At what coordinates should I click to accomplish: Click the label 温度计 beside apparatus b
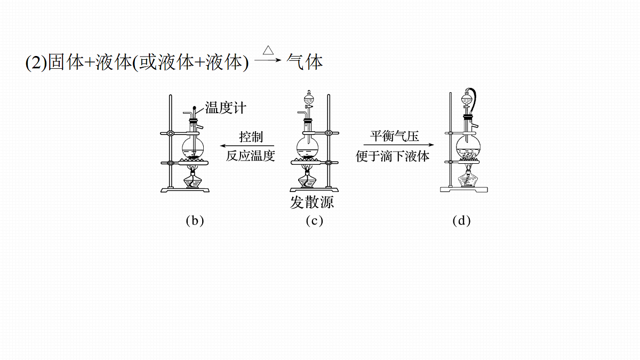coord(226,108)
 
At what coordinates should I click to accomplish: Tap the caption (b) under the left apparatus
coord(195,221)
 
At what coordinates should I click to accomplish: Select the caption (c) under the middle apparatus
coord(314,221)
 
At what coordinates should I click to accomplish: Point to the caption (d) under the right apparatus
coord(461,221)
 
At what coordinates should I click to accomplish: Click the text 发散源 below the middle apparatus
coord(312,202)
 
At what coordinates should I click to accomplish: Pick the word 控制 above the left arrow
coord(251,137)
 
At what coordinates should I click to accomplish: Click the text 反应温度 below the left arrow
coord(250,156)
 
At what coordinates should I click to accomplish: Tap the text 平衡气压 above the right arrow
coord(394,136)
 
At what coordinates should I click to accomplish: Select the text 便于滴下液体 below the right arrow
coord(393,156)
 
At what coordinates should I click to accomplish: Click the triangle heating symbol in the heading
coord(268,50)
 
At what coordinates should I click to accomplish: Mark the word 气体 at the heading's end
coord(305,62)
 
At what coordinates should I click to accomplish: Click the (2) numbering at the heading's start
coord(36,62)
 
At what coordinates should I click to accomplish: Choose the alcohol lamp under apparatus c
coord(307,179)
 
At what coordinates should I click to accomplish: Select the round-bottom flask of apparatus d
coord(468,146)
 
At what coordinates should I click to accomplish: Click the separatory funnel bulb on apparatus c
coord(309,99)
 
